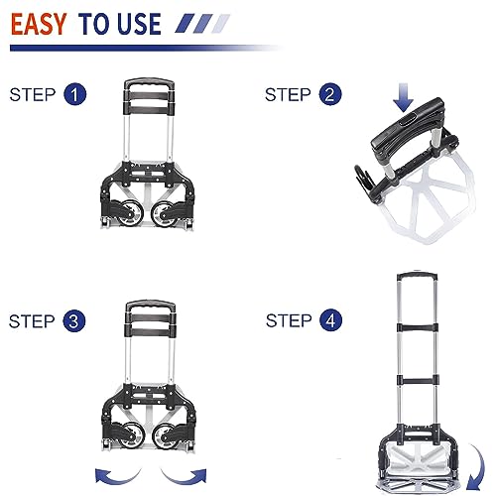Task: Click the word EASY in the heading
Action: tap(39, 24)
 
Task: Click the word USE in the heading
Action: tap(139, 24)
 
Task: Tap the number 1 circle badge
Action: tap(74, 94)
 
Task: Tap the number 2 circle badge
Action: tap(330, 94)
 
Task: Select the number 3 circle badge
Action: tap(74, 320)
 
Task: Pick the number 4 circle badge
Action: tap(330, 320)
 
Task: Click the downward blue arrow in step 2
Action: tap(404, 97)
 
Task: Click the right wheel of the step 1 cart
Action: tap(164, 213)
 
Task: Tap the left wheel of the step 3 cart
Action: tap(131, 435)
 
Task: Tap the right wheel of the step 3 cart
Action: tap(166, 436)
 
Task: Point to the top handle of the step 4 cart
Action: tap(418, 275)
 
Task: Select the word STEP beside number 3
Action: tap(32, 321)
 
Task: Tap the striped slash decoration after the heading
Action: tap(202, 23)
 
